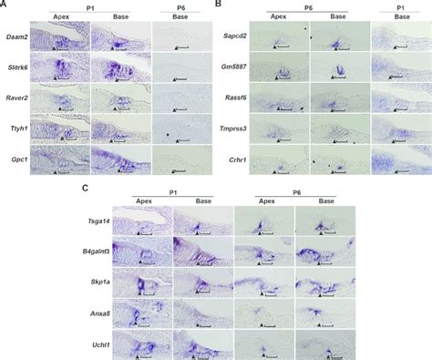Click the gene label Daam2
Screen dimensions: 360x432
pyautogui.click(x=16, y=38)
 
